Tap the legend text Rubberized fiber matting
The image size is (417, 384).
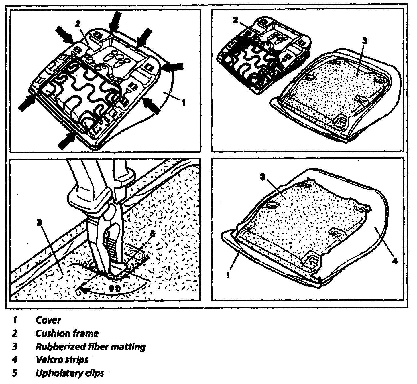90,347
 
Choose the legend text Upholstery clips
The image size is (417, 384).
69,373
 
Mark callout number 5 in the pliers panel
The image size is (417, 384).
152,234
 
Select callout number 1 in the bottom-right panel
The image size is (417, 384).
228,275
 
